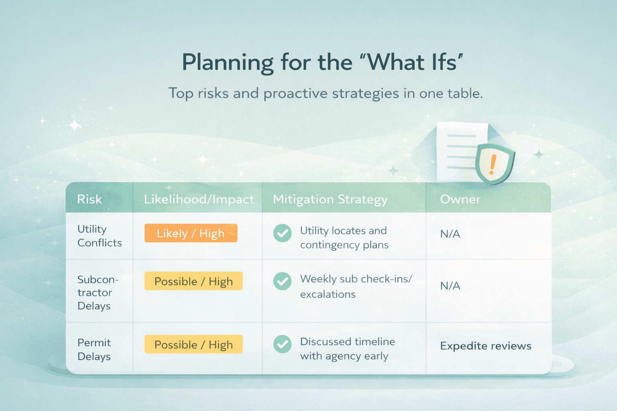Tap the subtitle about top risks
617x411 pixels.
pyautogui.click(x=326, y=94)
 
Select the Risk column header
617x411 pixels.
pyautogui.click(x=90, y=199)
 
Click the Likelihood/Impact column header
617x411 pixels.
pyautogui.click(x=199, y=199)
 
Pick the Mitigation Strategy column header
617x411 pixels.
pyautogui.click(x=330, y=199)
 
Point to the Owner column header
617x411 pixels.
pyautogui.click(x=460, y=199)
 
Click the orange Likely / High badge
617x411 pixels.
pyautogui.click(x=191, y=233)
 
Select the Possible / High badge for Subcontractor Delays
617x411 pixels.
pyautogui.click(x=194, y=281)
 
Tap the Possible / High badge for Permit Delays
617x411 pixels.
pyautogui.click(x=194, y=344)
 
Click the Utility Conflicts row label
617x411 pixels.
pyautogui.click(x=100, y=236)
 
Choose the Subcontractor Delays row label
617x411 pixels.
pyautogui.click(x=98, y=293)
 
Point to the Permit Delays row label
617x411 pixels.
pyautogui.click(x=94, y=350)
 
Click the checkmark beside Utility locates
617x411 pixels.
pyautogui.click(x=282, y=233)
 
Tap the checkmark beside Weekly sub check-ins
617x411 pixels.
pyautogui.click(x=282, y=281)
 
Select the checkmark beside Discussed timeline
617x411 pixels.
pyautogui.click(x=282, y=344)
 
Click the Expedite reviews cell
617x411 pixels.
pyautogui.click(x=486, y=346)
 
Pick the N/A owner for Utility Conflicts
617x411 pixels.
pyautogui.click(x=450, y=234)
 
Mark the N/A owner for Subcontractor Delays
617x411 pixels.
pyautogui.click(x=450, y=286)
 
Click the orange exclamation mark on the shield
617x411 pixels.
pyautogui.click(x=492, y=164)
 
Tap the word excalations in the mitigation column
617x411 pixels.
pyautogui.click(x=328, y=295)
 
